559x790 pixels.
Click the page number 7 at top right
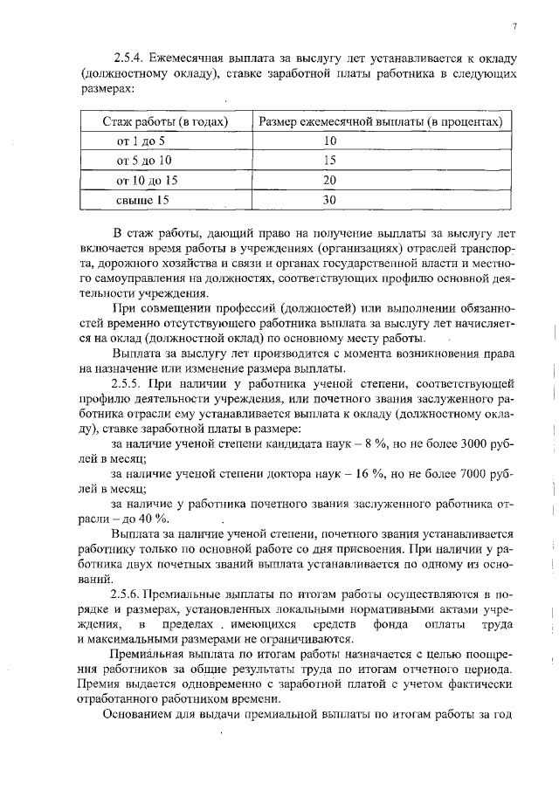click(x=515, y=26)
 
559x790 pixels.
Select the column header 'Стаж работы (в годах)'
click(x=166, y=120)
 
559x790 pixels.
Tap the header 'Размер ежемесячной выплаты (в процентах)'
click(x=381, y=120)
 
